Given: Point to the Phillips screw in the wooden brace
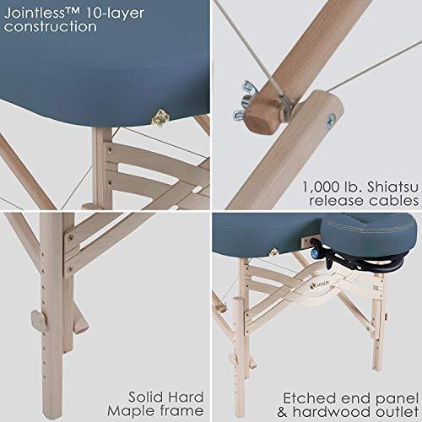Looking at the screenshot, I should pyautogui.click(x=332, y=119).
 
